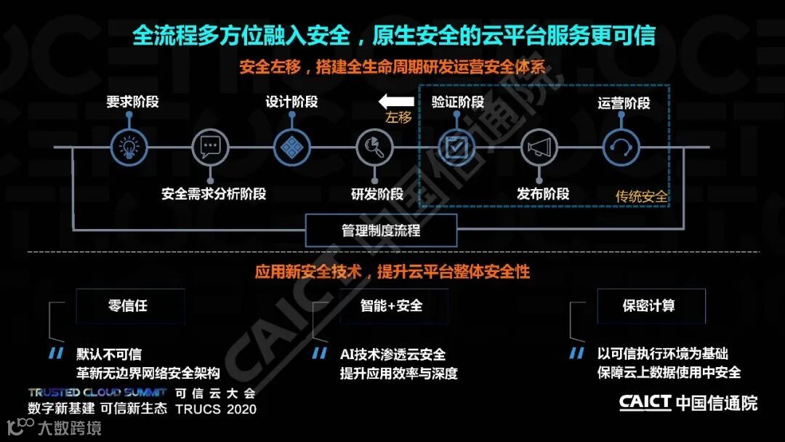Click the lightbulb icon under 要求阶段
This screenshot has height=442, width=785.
coord(129,148)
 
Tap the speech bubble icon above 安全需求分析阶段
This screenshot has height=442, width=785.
coord(210,148)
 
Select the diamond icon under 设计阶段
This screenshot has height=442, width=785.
coord(292,148)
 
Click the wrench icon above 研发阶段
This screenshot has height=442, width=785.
coord(374,148)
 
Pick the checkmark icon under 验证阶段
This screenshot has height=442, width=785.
coord(456,148)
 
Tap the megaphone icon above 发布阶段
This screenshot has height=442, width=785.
coord(539,148)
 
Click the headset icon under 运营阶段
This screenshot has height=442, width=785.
coord(621,148)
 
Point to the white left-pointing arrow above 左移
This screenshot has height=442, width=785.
coord(395,101)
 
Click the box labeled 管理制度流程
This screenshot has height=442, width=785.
coord(382,230)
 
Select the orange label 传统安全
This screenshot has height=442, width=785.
coord(641,196)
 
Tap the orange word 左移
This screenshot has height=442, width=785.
coord(398,118)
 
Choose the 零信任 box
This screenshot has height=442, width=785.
coord(129,305)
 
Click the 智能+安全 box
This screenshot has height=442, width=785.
coord(392,305)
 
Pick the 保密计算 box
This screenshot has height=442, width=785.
coord(651,305)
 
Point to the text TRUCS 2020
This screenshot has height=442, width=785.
coord(216,409)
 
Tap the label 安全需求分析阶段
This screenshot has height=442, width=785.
coord(214,194)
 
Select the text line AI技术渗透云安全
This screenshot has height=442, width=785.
coord(392,355)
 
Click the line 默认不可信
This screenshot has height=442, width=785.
coord(109,355)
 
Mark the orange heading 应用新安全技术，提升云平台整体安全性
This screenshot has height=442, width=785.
coord(392,272)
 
